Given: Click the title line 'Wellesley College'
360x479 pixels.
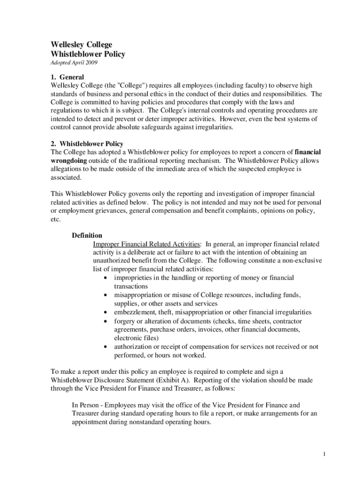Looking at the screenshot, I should (x=81, y=45).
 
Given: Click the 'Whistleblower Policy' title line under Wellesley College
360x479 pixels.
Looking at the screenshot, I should (x=88, y=54).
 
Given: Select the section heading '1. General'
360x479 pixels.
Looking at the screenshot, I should (x=67, y=77).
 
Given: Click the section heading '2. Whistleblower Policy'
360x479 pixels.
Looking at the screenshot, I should (x=87, y=144).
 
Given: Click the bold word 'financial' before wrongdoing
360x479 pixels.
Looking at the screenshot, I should (x=308, y=152).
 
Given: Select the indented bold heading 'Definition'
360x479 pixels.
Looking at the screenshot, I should (x=87, y=235).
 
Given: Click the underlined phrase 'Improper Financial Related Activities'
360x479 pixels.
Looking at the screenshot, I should (x=147, y=244).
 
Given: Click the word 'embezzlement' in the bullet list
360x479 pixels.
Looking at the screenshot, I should (x=135, y=312).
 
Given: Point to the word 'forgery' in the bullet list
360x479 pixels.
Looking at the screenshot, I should (x=125, y=321).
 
